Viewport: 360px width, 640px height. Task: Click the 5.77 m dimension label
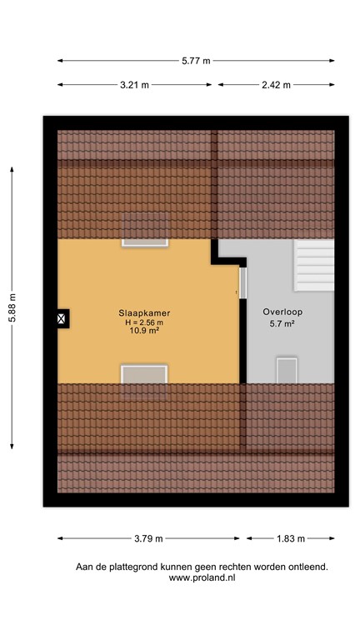196,60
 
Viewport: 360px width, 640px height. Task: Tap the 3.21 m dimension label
134,85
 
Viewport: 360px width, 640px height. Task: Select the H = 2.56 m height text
144,322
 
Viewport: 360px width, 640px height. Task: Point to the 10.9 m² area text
144,332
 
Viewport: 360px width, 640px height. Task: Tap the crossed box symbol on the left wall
62,317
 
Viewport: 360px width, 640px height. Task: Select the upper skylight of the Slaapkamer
145,230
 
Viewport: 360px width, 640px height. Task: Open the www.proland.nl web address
202,577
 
